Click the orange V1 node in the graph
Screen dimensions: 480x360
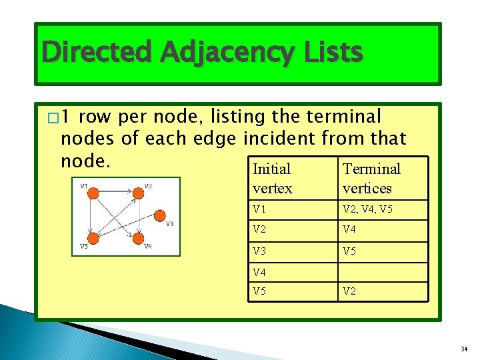tap(94, 194)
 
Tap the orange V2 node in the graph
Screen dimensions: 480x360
tap(138, 194)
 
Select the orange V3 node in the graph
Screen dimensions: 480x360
tap(159, 215)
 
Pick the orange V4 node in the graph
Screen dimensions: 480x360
tap(138, 238)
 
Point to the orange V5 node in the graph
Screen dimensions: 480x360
tap(94, 238)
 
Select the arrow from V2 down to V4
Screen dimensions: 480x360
tap(138, 216)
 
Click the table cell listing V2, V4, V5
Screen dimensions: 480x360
tap(382, 210)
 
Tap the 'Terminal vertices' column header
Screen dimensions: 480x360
tap(382, 179)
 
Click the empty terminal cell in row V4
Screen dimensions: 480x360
tap(382, 272)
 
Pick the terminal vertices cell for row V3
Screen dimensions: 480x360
tap(382, 252)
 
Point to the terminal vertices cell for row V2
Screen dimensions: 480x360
tap(382, 231)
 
